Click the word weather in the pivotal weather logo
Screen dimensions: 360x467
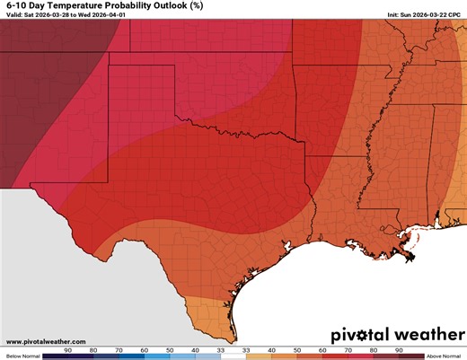410,335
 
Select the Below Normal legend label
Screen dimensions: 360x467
20,356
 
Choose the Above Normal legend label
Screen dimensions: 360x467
445,356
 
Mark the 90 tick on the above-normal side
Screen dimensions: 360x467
398,349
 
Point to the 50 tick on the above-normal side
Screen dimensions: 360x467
297,349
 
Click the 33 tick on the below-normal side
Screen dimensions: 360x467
220,349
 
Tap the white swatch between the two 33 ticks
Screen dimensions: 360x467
233,356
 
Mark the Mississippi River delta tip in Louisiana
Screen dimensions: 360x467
411,259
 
